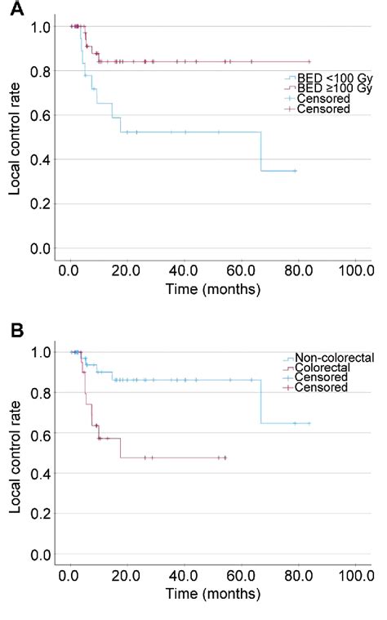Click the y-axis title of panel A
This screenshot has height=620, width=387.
(15, 137)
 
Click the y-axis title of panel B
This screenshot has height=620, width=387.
(15, 457)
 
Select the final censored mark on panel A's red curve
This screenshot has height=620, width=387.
(309, 61)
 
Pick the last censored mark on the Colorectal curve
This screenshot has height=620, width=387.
(225, 457)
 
